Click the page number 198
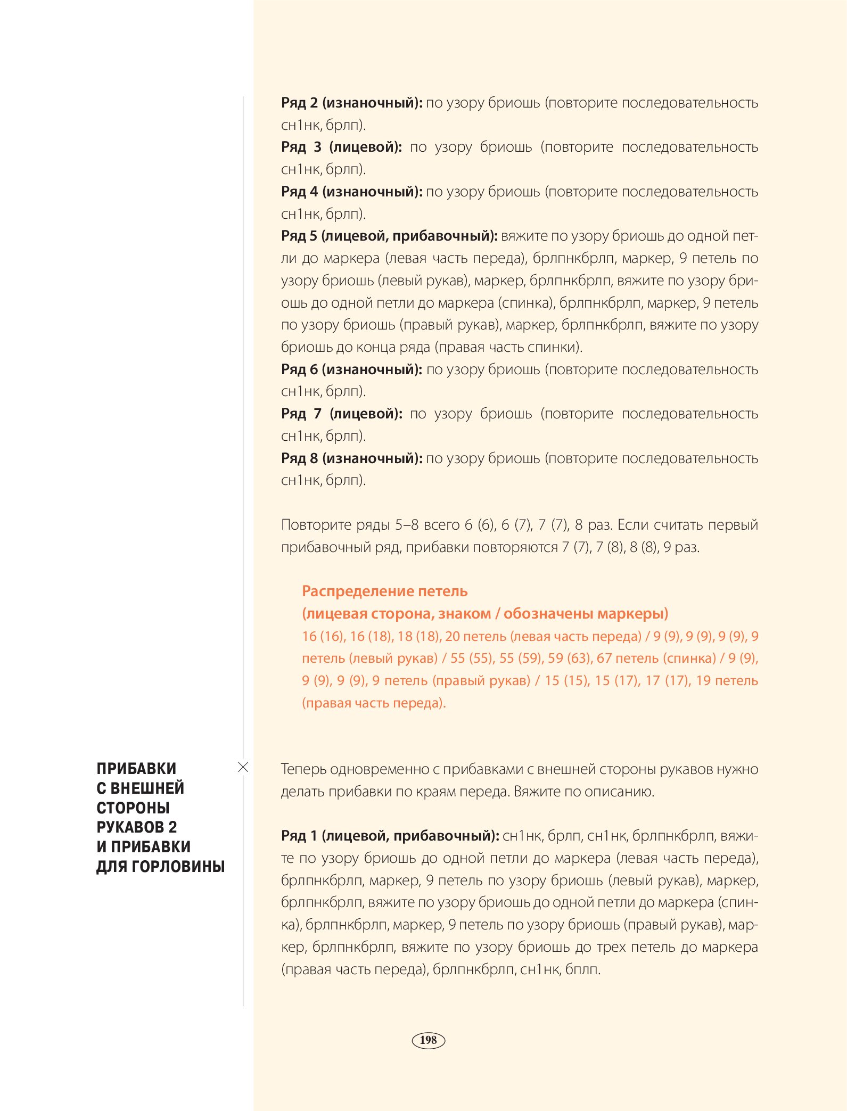428,1040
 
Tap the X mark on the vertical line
243,767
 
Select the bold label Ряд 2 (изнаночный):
351,103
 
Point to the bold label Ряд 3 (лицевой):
341,147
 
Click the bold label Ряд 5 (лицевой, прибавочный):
389,236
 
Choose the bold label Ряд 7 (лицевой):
341,414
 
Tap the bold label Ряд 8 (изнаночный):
351,458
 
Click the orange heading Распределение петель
384,591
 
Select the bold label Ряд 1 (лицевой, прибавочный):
390,836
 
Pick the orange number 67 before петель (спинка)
604,658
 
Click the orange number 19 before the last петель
703,680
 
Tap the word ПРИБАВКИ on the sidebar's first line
136,768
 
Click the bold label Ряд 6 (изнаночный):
351,369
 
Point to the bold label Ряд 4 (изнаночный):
351,192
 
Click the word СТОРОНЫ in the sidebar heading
133,808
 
